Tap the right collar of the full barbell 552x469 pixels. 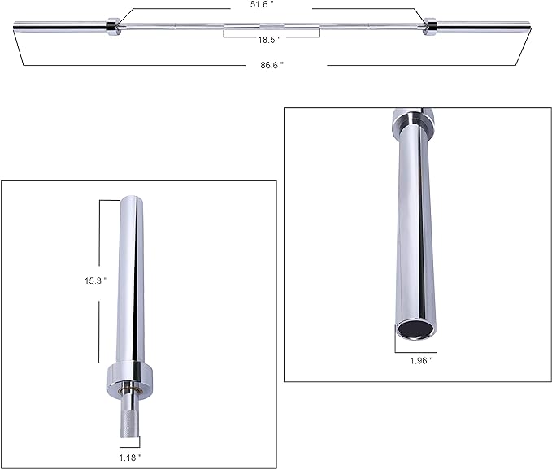coord(429,28)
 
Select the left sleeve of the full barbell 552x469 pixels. coord(61,29)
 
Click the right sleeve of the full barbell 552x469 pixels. coord(488,29)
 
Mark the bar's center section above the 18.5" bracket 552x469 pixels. coord(272,29)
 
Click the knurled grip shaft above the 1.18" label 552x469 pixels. coord(130,419)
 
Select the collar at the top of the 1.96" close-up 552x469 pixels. coord(410,119)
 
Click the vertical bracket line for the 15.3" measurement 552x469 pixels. coord(100,280)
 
